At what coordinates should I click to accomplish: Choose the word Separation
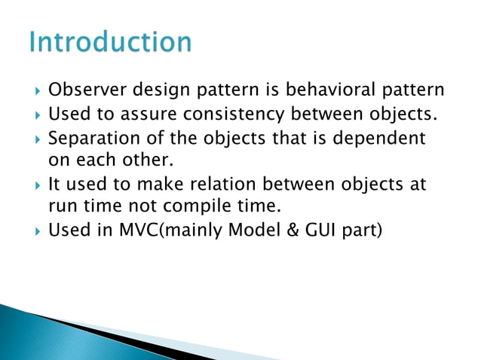[87, 139]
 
